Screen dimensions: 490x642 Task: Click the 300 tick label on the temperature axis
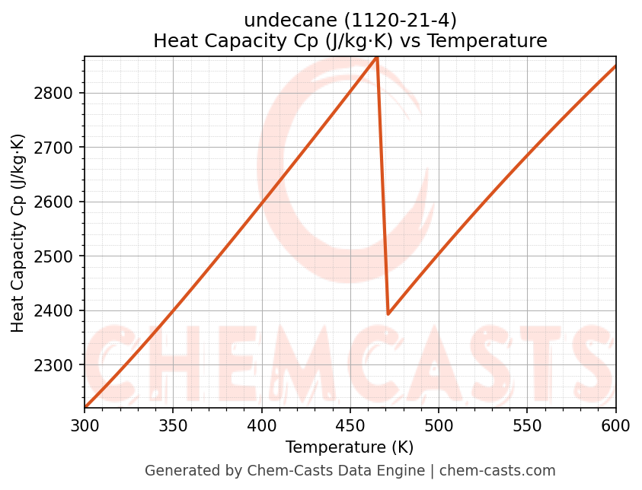85,425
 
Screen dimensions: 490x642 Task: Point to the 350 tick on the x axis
173,425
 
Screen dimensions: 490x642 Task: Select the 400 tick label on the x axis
261,425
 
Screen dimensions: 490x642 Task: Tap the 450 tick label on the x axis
350,425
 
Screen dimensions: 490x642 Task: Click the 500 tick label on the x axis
439,425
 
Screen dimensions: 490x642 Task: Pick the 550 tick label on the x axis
527,425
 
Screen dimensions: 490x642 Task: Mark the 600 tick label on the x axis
615,425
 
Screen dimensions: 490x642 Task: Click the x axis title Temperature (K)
350,447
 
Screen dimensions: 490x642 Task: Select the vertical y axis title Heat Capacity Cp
18,232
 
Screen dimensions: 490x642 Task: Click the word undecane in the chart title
276,21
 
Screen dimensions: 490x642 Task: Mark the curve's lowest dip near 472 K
388,313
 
